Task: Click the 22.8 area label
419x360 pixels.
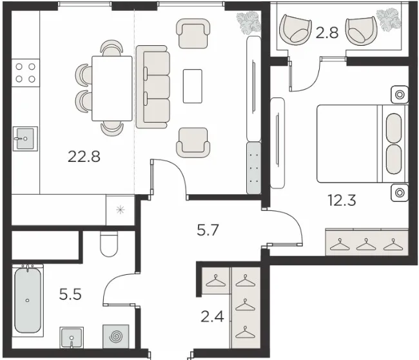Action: [84, 157]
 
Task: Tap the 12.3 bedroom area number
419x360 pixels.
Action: [342, 201]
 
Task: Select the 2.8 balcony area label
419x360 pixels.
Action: [327, 33]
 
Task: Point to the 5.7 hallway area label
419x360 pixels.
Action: [208, 230]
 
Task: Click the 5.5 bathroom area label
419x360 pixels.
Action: [70, 294]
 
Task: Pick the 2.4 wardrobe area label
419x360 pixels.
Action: [212, 317]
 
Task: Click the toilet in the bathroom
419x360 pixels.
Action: [109, 244]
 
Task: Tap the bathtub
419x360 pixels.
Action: [28, 301]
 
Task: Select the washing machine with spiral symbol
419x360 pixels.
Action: [116, 337]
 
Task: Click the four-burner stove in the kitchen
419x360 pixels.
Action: [25, 73]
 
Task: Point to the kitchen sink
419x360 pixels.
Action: [25, 139]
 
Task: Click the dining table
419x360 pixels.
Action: [112, 88]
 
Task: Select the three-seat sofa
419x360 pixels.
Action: [153, 87]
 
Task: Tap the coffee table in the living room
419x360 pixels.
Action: [192, 86]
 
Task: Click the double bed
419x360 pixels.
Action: [362, 144]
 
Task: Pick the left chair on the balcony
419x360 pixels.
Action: [295, 30]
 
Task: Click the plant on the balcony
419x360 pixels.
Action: [389, 20]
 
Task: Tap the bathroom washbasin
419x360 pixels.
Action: [72, 337]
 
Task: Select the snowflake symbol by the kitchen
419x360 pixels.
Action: [121, 210]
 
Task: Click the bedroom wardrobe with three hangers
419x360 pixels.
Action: [367, 242]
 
